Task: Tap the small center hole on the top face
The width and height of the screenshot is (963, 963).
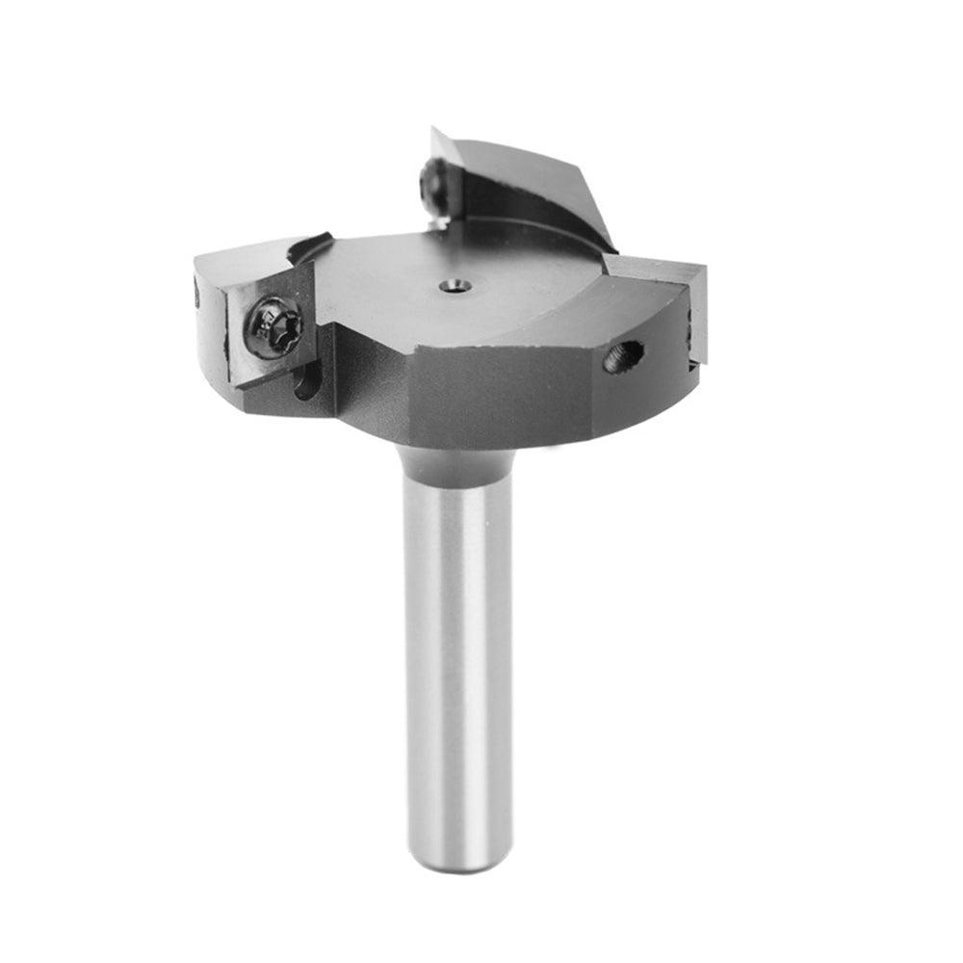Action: click(x=454, y=285)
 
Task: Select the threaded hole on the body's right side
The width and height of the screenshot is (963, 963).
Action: click(x=623, y=357)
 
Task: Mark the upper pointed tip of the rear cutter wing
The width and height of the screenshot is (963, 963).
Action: click(x=436, y=132)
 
